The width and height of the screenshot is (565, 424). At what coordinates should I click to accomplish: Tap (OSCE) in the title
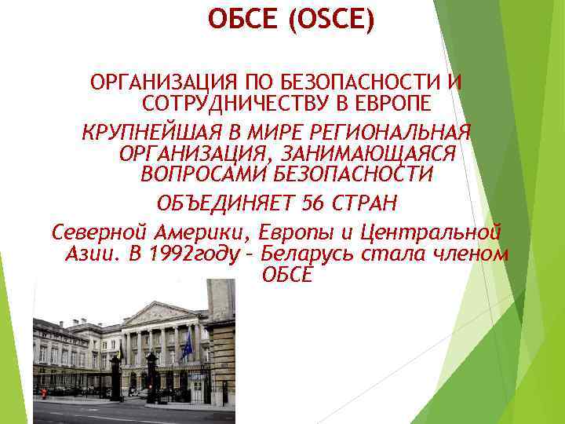331,18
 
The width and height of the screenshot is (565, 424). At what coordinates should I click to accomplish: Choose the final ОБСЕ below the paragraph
286,273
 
